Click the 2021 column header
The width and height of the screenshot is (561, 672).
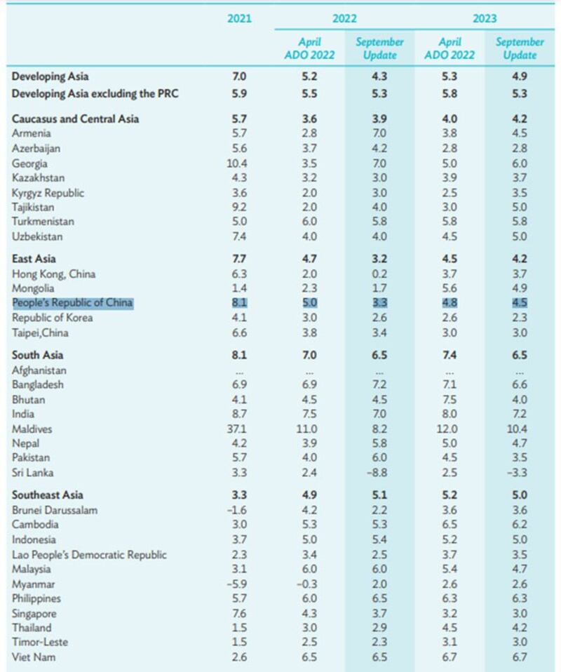point(239,19)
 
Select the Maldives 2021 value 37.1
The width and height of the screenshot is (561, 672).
point(239,429)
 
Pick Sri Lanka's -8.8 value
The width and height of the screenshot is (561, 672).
point(379,473)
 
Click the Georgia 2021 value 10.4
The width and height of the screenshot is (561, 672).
point(239,163)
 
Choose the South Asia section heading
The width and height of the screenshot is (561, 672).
point(38,355)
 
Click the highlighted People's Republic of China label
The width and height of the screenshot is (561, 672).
point(72,303)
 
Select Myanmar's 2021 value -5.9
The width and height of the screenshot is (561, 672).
point(238,584)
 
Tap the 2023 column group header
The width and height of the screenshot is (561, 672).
point(484,19)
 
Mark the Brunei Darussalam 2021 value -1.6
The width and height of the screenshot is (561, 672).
point(238,510)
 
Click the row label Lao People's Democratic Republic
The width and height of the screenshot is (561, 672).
point(89,554)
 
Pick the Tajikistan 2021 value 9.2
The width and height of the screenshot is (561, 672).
point(239,208)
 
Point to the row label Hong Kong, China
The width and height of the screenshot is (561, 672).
point(54,274)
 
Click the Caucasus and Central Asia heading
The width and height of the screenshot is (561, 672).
point(76,119)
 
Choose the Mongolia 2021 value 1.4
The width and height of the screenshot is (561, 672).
point(239,288)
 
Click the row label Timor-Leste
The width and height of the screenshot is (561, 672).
point(41,643)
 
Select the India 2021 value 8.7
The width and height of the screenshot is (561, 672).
point(239,414)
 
